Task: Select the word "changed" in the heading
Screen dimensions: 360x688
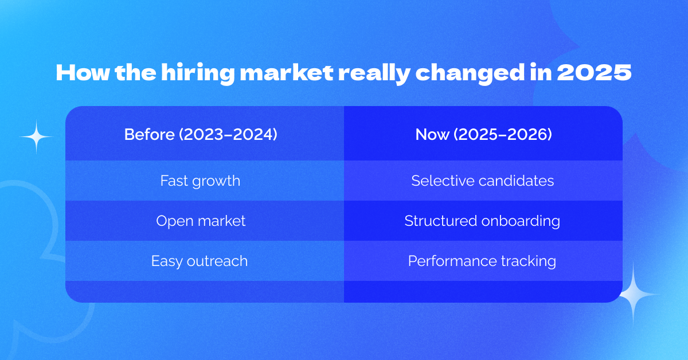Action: tap(478, 75)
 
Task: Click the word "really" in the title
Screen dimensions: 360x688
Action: tap(383, 75)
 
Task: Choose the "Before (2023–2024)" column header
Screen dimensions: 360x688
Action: tap(201, 135)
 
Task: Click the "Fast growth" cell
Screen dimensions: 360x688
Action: tap(200, 181)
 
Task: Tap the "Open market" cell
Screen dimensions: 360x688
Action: tap(201, 221)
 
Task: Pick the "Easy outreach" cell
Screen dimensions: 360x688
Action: tap(200, 261)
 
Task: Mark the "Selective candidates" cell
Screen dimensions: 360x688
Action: tap(482, 181)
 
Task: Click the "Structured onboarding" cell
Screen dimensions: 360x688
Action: tap(482, 221)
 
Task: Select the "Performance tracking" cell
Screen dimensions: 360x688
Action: tap(482, 261)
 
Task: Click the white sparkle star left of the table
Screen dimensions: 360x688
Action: tap(36, 137)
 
